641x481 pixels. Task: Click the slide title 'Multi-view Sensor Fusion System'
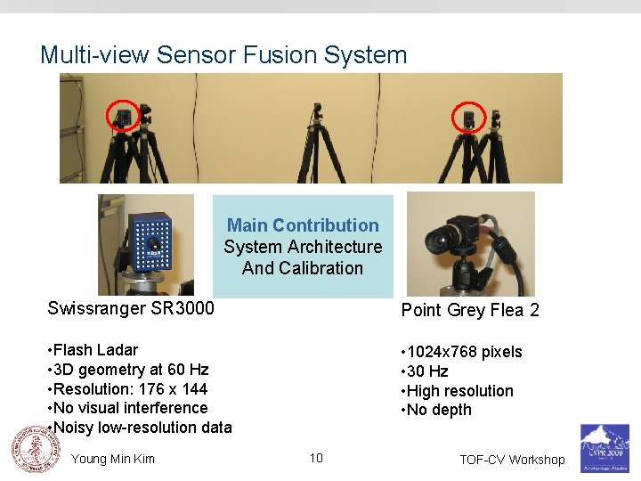coord(223,55)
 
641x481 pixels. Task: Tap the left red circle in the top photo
coord(123,116)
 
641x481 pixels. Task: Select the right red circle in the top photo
coord(466,117)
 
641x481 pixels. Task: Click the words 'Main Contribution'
coord(303,225)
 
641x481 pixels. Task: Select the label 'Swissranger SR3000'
coord(131,308)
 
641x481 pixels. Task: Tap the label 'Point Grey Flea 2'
coord(470,310)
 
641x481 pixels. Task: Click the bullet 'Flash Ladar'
coord(95,350)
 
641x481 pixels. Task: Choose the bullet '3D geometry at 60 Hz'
coord(130,370)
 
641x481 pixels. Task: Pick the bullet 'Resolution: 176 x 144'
coord(130,389)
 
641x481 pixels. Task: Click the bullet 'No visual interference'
coord(130,408)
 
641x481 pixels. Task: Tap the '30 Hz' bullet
coord(427,371)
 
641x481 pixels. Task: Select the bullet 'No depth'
coord(439,410)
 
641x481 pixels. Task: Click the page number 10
coord(316,458)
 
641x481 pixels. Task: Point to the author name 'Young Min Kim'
coord(112,459)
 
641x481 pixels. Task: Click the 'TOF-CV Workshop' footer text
coord(512,460)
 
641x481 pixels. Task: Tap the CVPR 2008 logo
coord(604,447)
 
